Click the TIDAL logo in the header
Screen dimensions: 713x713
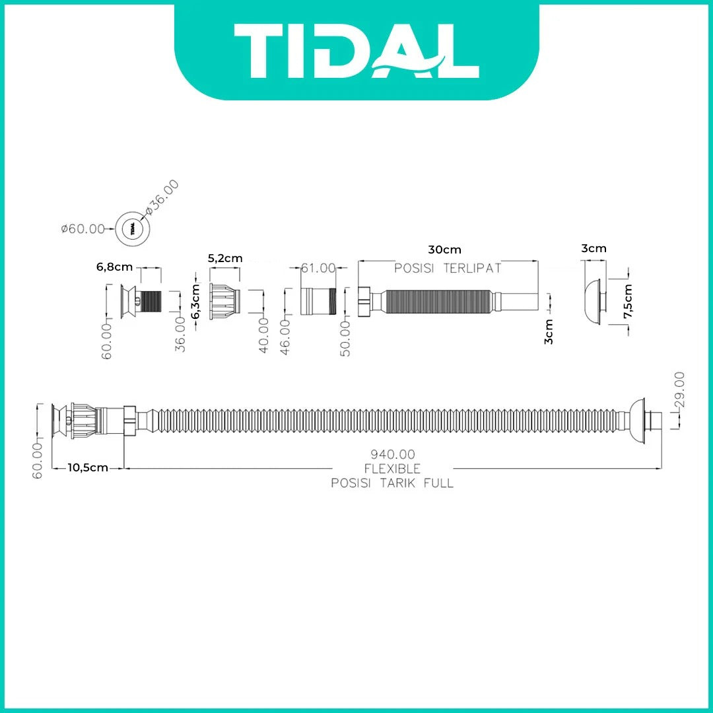356,51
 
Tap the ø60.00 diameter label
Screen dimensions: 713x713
83,228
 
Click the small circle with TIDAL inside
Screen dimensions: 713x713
133,228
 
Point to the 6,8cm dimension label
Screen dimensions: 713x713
114,267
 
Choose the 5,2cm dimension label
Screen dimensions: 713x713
225,258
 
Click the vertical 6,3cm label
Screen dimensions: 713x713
195,302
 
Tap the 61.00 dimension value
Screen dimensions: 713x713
318,268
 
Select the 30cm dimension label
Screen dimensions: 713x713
444,250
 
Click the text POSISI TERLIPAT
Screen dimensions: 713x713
448,268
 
